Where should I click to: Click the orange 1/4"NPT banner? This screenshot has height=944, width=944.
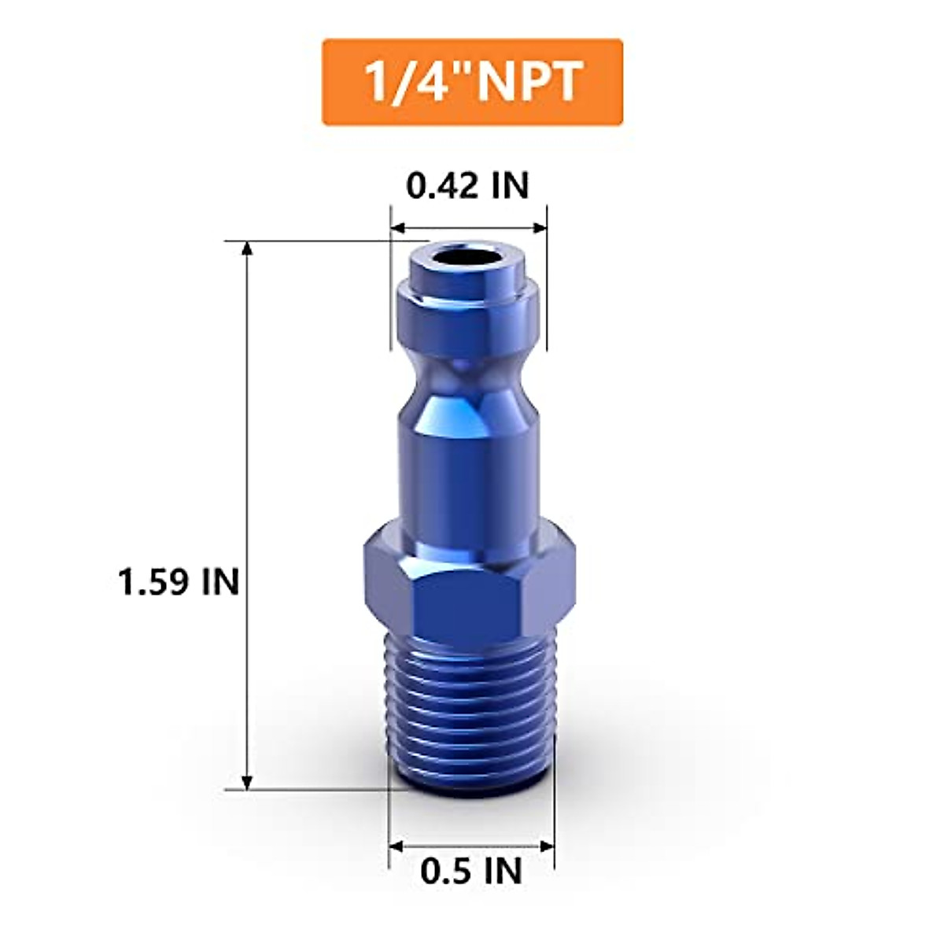(472, 82)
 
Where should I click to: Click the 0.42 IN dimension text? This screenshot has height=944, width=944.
(467, 186)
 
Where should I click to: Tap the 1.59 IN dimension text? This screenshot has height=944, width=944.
(178, 583)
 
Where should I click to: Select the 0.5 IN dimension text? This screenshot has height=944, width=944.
(471, 871)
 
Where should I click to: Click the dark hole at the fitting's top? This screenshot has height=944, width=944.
(469, 257)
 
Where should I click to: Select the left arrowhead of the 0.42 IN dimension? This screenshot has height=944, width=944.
(398, 228)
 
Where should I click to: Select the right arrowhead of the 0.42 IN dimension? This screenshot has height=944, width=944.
(540, 228)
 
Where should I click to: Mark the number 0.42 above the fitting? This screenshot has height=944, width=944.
(442, 186)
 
